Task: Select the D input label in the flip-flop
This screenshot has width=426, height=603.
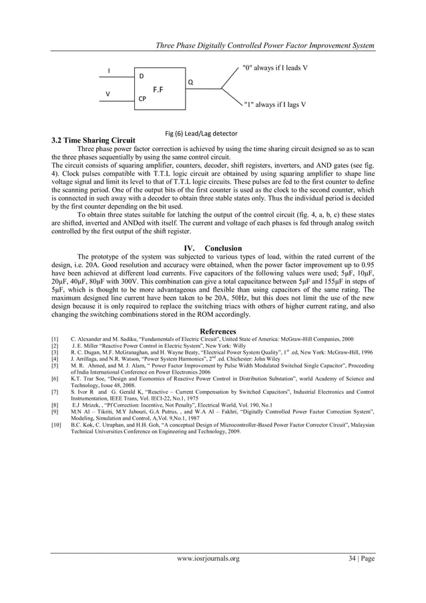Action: point(141,76)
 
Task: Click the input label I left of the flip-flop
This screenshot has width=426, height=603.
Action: point(110,71)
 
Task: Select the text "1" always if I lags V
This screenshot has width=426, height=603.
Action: point(275,105)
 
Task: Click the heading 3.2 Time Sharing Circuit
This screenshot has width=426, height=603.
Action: point(93,141)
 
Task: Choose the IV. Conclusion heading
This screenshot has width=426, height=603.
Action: point(208,249)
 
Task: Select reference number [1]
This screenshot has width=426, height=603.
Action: point(56,340)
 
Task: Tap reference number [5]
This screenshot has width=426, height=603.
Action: point(56,366)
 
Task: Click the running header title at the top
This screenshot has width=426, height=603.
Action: point(264,45)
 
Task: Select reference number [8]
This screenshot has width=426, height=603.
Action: point(56,405)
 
